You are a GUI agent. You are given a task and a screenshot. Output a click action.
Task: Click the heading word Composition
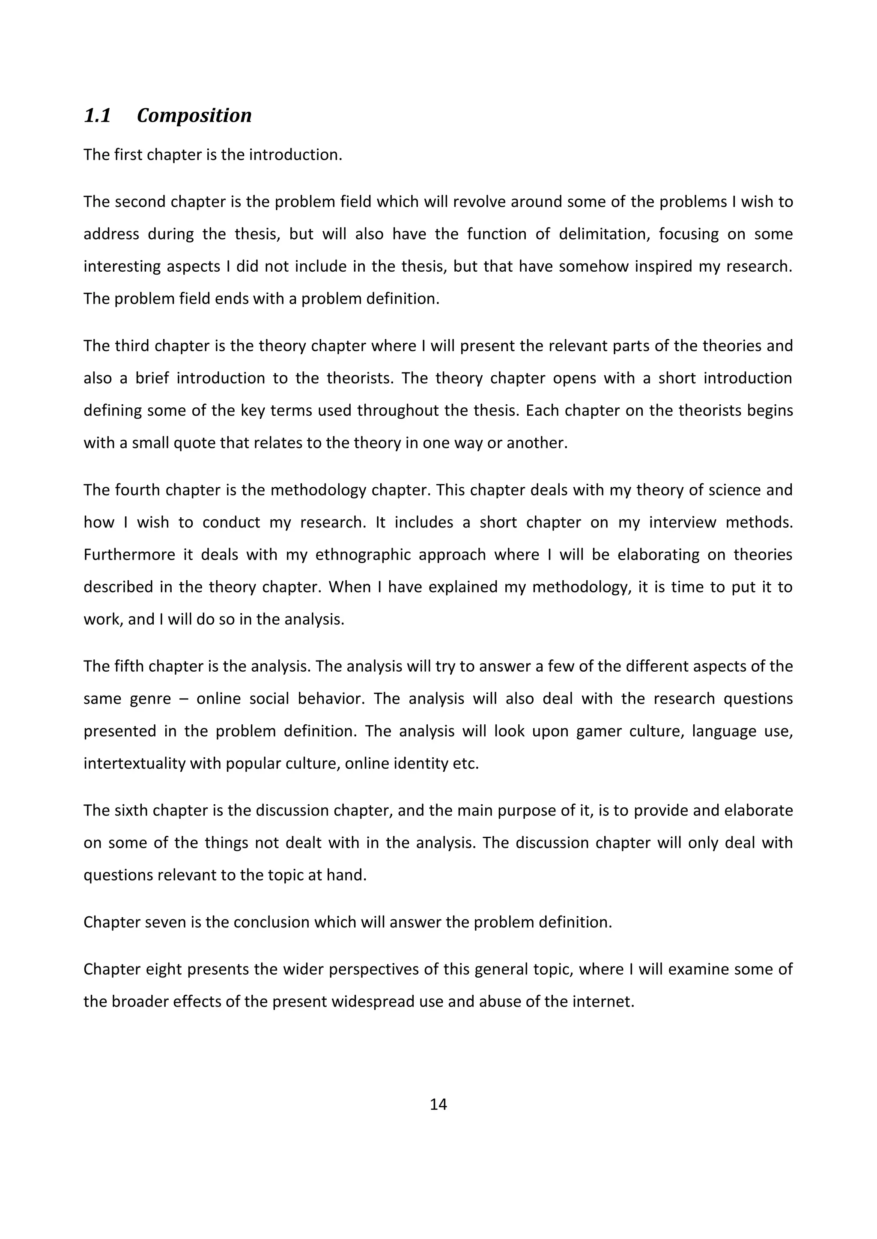[194, 116]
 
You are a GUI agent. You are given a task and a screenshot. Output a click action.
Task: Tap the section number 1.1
[97, 116]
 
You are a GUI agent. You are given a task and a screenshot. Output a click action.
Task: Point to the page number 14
[438, 1104]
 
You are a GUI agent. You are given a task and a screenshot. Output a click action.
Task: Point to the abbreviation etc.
[467, 763]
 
